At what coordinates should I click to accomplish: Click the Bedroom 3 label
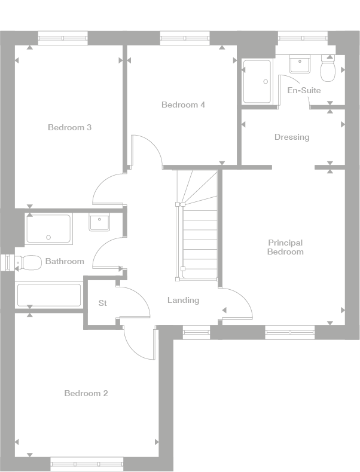click(69, 127)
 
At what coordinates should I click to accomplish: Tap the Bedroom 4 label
click(183, 105)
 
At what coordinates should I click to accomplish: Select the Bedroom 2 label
click(86, 393)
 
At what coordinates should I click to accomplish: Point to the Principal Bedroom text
click(285, 247)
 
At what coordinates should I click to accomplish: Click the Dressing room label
click(292, 137)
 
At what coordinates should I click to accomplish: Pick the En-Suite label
click(304, 90)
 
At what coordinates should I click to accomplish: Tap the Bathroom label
click(65, 261)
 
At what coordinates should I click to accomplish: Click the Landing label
click(183, 300)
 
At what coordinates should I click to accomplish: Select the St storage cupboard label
click(102, 304)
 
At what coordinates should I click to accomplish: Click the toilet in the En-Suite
click(328, 71)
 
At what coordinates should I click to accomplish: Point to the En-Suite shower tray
click(257, 81)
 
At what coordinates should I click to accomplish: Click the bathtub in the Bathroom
click(49, 295)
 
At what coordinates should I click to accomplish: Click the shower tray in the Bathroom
click(49, 229)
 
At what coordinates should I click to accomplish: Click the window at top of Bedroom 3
click(63, 38)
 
